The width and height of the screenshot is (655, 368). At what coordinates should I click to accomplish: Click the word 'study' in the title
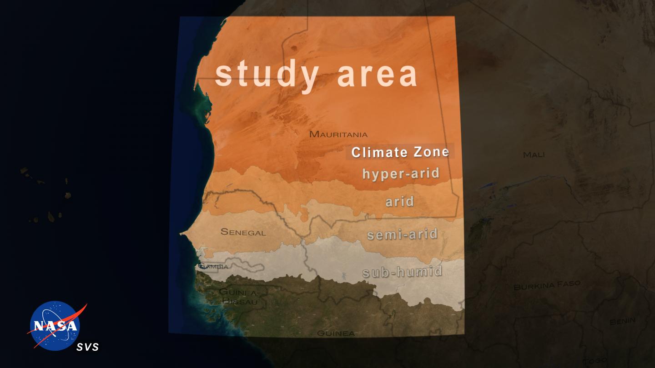point(266,75)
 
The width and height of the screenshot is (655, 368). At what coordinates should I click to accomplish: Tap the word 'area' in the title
point(377,75)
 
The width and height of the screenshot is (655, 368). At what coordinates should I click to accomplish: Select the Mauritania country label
point(338,134)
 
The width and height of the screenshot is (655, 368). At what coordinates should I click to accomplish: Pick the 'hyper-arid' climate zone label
point(401,174)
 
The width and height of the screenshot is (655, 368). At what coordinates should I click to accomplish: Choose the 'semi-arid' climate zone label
point(402,235)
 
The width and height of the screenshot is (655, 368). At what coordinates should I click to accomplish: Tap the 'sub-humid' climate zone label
point(402,272)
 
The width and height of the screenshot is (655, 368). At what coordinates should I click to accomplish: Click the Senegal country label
point(243,232)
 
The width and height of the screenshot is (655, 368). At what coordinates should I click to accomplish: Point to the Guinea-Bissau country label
point(238,296)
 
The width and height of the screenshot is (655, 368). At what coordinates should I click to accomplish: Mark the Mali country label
point(534,155)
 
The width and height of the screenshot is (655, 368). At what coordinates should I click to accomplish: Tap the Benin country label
point(622,321)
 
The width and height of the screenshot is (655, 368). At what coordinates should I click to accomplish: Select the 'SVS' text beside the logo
point(87,348)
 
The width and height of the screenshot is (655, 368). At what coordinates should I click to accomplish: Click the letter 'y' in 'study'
point(310,78)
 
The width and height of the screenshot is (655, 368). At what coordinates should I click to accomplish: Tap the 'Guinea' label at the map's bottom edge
point(336,333)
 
